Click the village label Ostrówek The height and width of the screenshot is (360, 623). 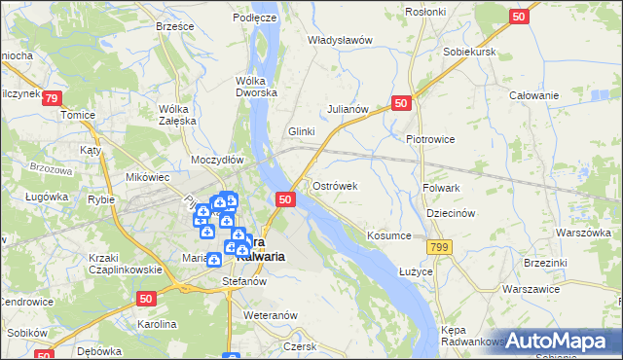(336, 185)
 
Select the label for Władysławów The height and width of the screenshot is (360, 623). (341, 40)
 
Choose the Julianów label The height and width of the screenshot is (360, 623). (348, 109)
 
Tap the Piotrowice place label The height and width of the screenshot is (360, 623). (430, 139)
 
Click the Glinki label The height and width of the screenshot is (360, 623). (303, 131)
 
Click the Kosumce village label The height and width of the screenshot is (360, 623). (389, 235)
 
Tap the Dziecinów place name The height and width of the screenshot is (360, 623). (450, 213)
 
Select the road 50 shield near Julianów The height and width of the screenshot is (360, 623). (402, 103)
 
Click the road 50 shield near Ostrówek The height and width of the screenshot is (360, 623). (285, 198)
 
